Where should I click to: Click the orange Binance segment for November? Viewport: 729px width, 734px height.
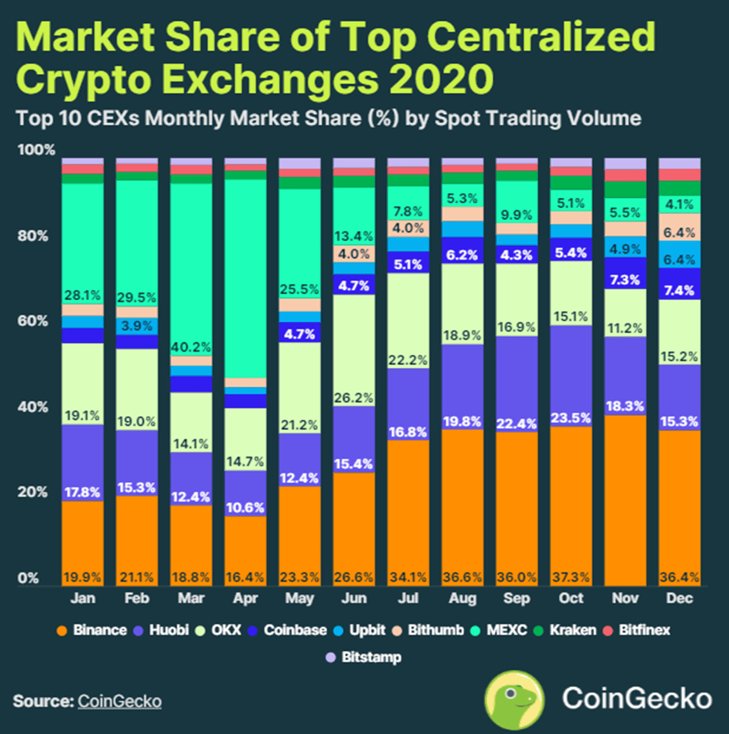626,497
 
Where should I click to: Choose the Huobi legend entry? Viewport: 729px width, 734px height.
168,630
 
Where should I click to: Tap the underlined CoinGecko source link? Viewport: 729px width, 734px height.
120,701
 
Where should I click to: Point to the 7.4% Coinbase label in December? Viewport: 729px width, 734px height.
680,291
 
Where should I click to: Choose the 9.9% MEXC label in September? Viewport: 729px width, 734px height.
517,214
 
